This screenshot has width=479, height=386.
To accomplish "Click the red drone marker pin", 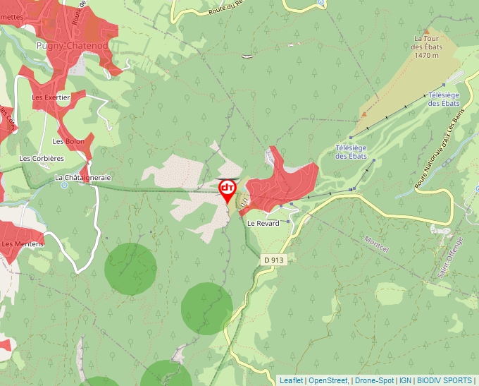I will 228,189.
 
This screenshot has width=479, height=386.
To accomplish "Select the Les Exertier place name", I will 51,97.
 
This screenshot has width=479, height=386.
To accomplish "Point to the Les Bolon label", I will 68,141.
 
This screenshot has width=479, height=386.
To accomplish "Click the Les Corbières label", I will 42,159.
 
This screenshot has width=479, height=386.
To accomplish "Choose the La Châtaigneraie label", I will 83,178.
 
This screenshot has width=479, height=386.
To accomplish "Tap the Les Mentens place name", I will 22,244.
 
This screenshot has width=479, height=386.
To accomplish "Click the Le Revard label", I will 263,223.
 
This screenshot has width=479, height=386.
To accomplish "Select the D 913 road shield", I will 274,260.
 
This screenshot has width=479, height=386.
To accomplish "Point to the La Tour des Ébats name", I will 428,42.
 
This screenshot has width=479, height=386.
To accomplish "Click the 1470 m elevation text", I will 427,55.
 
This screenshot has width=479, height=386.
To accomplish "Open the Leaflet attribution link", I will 291,380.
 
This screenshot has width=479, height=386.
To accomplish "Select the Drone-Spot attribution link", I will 374,380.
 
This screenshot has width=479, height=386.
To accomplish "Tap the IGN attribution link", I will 405,380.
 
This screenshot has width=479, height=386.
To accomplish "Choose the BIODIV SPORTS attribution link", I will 444,380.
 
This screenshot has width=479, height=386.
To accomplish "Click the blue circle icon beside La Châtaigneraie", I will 64,186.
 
